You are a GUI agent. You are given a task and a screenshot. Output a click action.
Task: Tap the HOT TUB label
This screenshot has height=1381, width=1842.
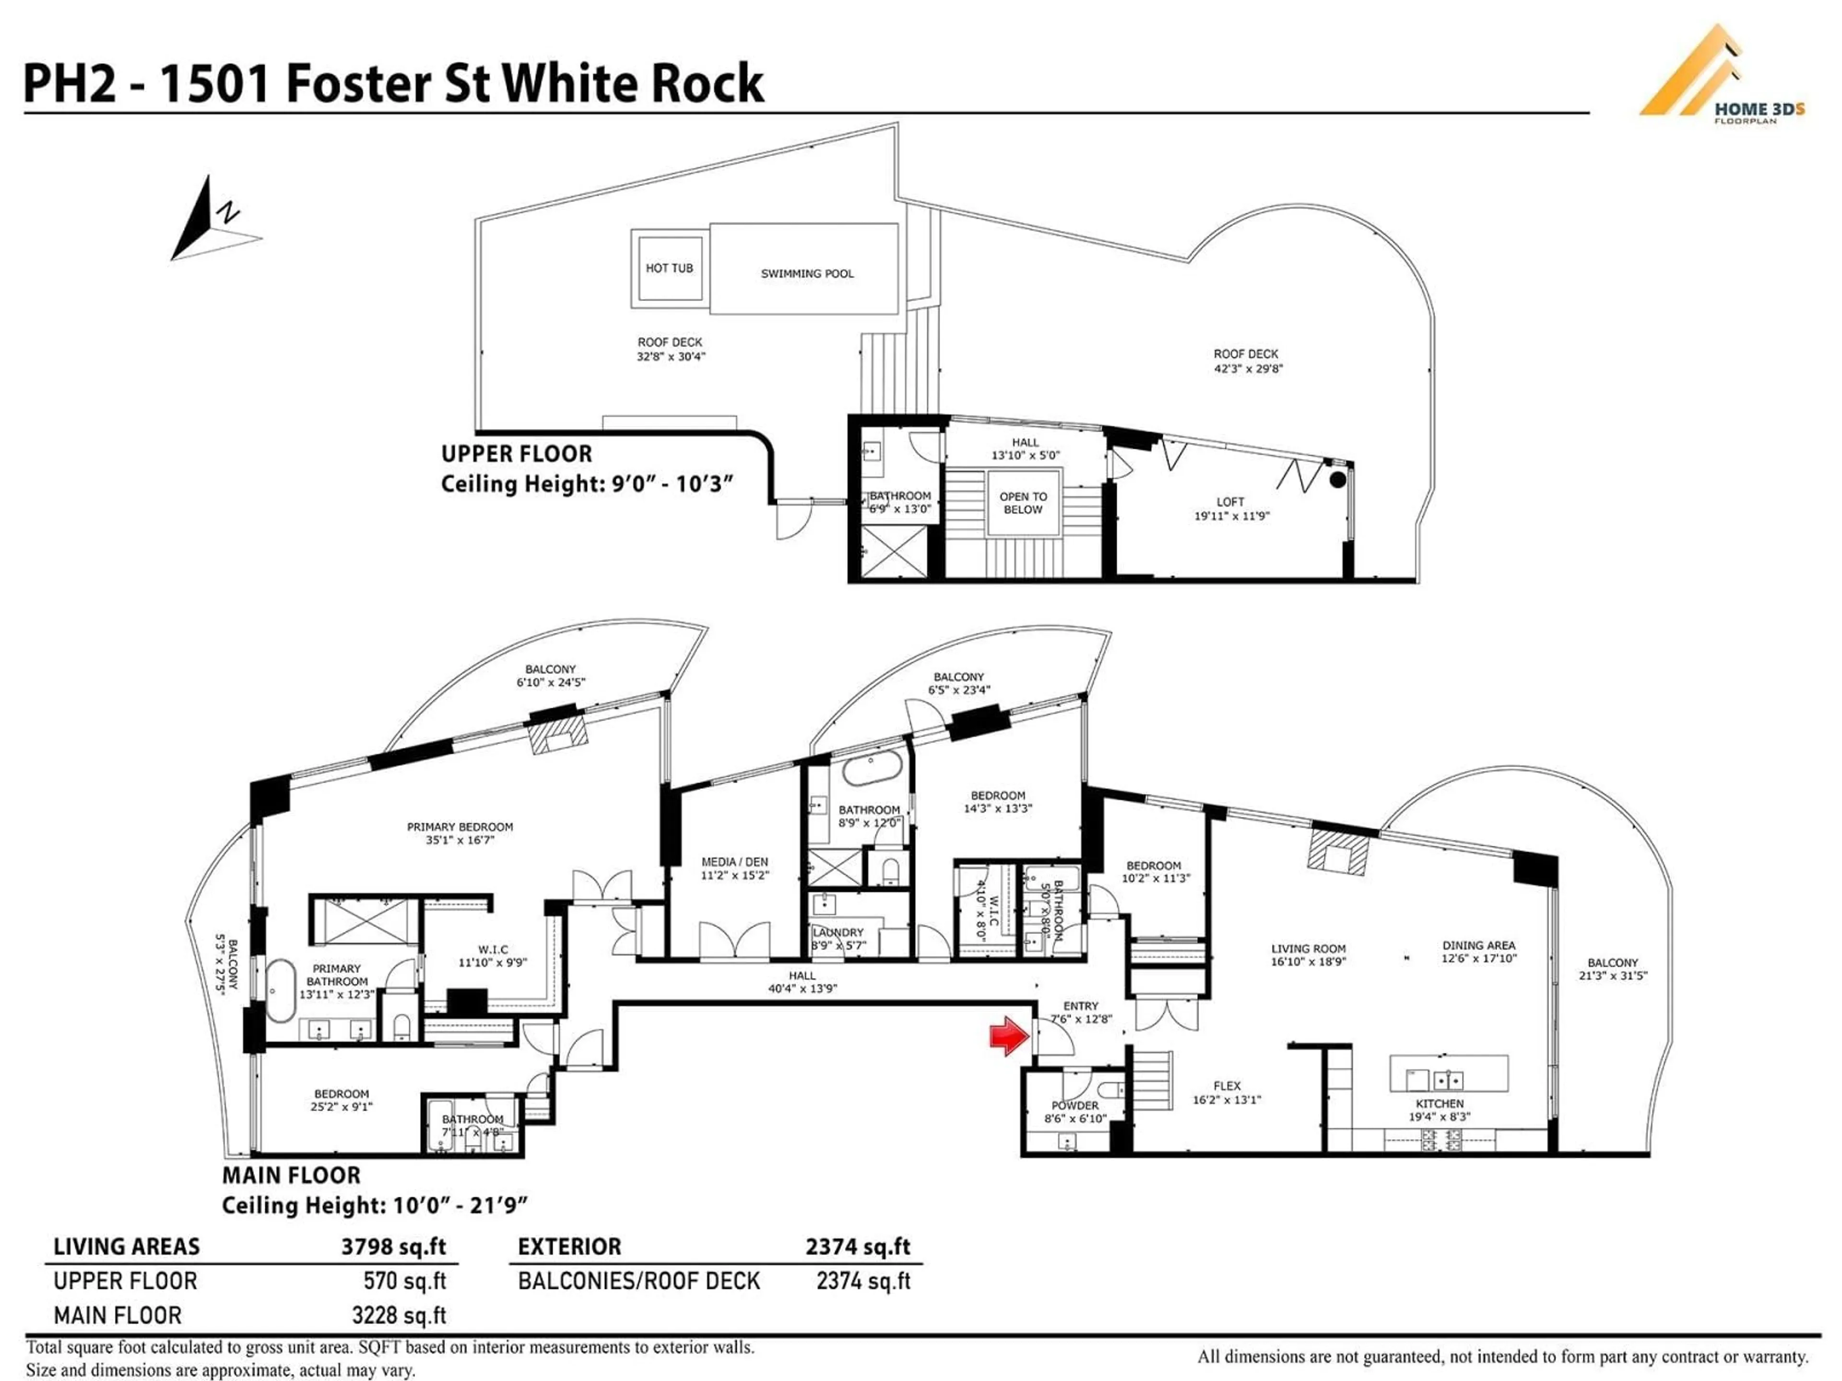669,268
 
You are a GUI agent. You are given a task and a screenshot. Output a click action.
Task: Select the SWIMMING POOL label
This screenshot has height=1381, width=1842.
806,273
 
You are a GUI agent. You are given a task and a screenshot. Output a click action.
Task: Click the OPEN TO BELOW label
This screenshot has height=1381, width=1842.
1023,503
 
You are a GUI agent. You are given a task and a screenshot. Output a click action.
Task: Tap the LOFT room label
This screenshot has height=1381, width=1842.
1230,502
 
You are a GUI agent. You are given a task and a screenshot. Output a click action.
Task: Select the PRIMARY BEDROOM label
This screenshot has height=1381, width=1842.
460,827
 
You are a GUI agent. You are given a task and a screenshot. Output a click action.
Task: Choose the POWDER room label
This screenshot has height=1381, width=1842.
1074,1105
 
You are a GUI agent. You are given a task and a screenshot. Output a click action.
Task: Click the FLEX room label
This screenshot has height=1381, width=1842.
1227,1086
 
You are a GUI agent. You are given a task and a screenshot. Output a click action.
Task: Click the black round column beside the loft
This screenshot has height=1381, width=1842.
1337,480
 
